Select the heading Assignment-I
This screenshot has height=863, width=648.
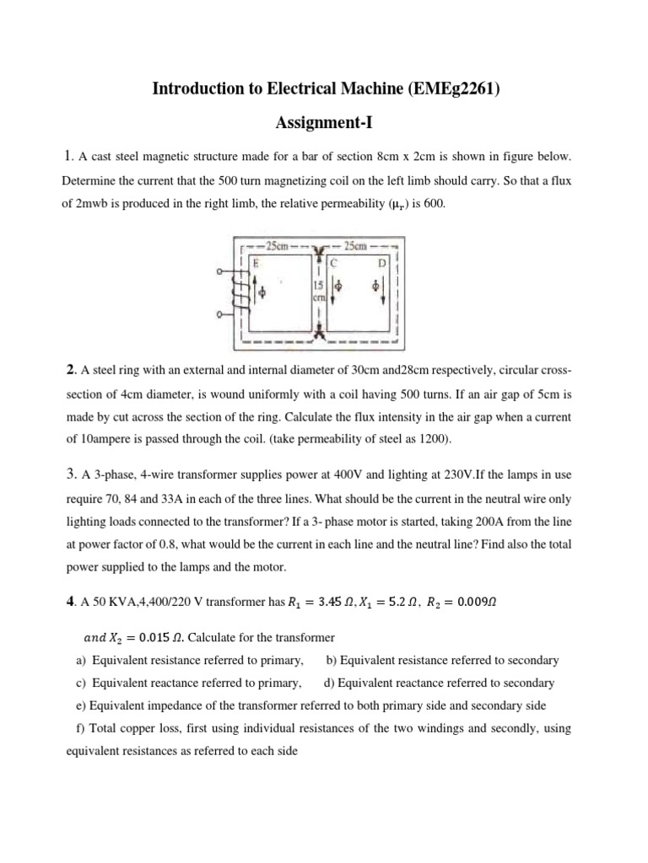324,123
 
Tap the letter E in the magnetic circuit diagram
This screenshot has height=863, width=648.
256,262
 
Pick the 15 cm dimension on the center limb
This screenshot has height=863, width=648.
319,291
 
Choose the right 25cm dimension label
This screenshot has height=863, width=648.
355,246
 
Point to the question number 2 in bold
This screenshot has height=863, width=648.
70,370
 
